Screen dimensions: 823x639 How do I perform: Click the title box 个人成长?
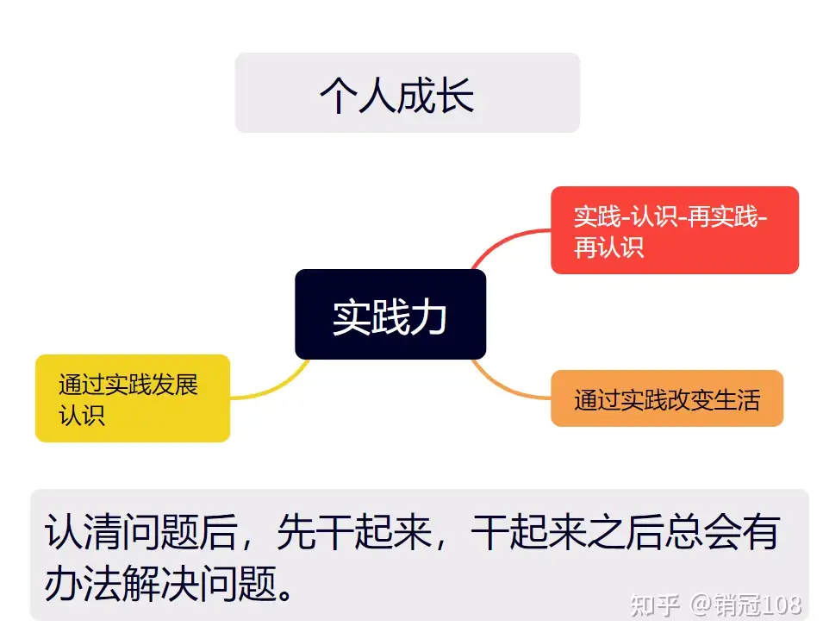point(407,93)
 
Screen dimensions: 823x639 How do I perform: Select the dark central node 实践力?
point(390,315)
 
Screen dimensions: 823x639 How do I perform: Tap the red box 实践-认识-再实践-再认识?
point(674,230)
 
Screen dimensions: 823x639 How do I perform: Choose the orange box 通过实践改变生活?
point(666,398)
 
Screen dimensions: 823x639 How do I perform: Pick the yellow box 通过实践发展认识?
point(132,398)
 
